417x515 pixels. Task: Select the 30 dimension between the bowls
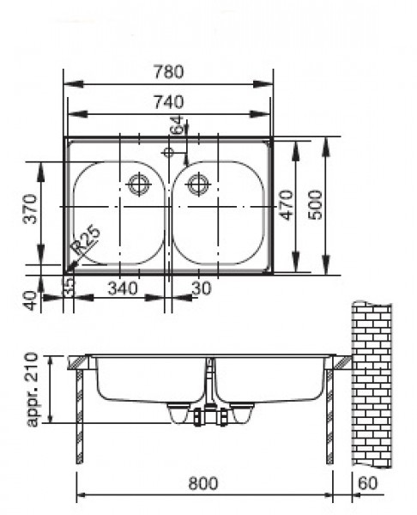200,288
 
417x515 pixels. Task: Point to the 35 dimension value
69,283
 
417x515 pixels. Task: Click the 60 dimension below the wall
368,484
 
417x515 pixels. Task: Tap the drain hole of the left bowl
138,183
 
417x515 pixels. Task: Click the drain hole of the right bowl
198,183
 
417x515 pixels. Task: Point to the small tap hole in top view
168,153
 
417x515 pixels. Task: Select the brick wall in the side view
371,386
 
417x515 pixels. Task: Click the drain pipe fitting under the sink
210,416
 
